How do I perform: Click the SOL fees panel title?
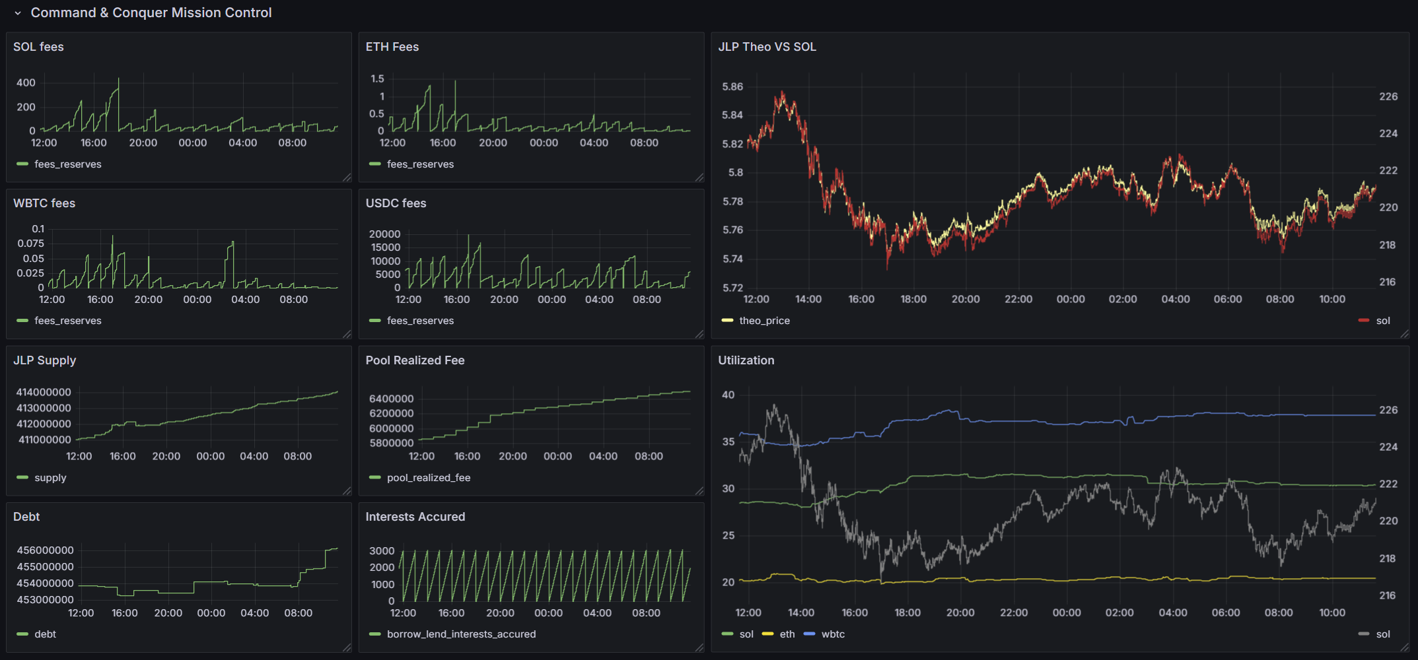(38, 47)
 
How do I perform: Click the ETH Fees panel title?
(392, 47)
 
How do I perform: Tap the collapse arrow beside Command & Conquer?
(18, 13)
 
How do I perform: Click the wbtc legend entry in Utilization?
(832, 634)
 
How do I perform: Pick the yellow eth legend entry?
(786, 634)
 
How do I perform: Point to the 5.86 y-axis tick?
(732, 86)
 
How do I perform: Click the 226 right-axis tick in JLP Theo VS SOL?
(1388, 96)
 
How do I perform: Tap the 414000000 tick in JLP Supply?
(43, 392)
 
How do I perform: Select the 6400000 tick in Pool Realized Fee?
(391, 399)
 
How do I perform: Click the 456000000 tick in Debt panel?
(45, 550)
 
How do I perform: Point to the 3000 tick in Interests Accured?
(382, 550)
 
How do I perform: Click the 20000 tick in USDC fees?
(384, 234)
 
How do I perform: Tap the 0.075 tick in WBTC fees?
(30, 244)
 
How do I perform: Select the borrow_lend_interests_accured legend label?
(461, 634)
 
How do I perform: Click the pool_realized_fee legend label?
(428, 478)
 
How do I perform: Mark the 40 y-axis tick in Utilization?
(728, 395)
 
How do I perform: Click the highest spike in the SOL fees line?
(119, 79)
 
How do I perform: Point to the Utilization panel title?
(746, 360)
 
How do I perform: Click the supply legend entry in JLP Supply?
(50, 478)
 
